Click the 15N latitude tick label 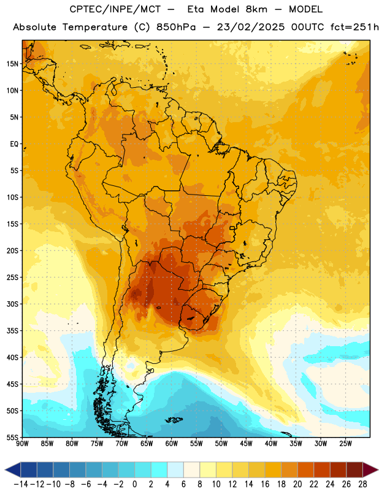tap(12, 64)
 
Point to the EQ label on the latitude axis tap(14, 144)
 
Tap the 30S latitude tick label tap(12, 304)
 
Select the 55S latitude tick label tap(12, 438)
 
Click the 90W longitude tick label tap(22, 444)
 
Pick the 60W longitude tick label tap(172, 444)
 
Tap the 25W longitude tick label tap(345, 444)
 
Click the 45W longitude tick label tap(246, 444)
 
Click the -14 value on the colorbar tap(21, 484)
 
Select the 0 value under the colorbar tap(135, 484)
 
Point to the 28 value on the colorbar tap(362, 484)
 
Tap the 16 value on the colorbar tap(265, 484)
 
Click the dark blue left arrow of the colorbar tap(13, 470)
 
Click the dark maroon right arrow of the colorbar tap(371, 470)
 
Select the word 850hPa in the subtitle tap(176, 27)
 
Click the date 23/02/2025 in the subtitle tap(251, 27)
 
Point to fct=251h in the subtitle tap(354, 27)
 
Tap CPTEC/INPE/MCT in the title tap(115, 9)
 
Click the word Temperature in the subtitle tap(95, 28)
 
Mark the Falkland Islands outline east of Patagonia tap(174, 420)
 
